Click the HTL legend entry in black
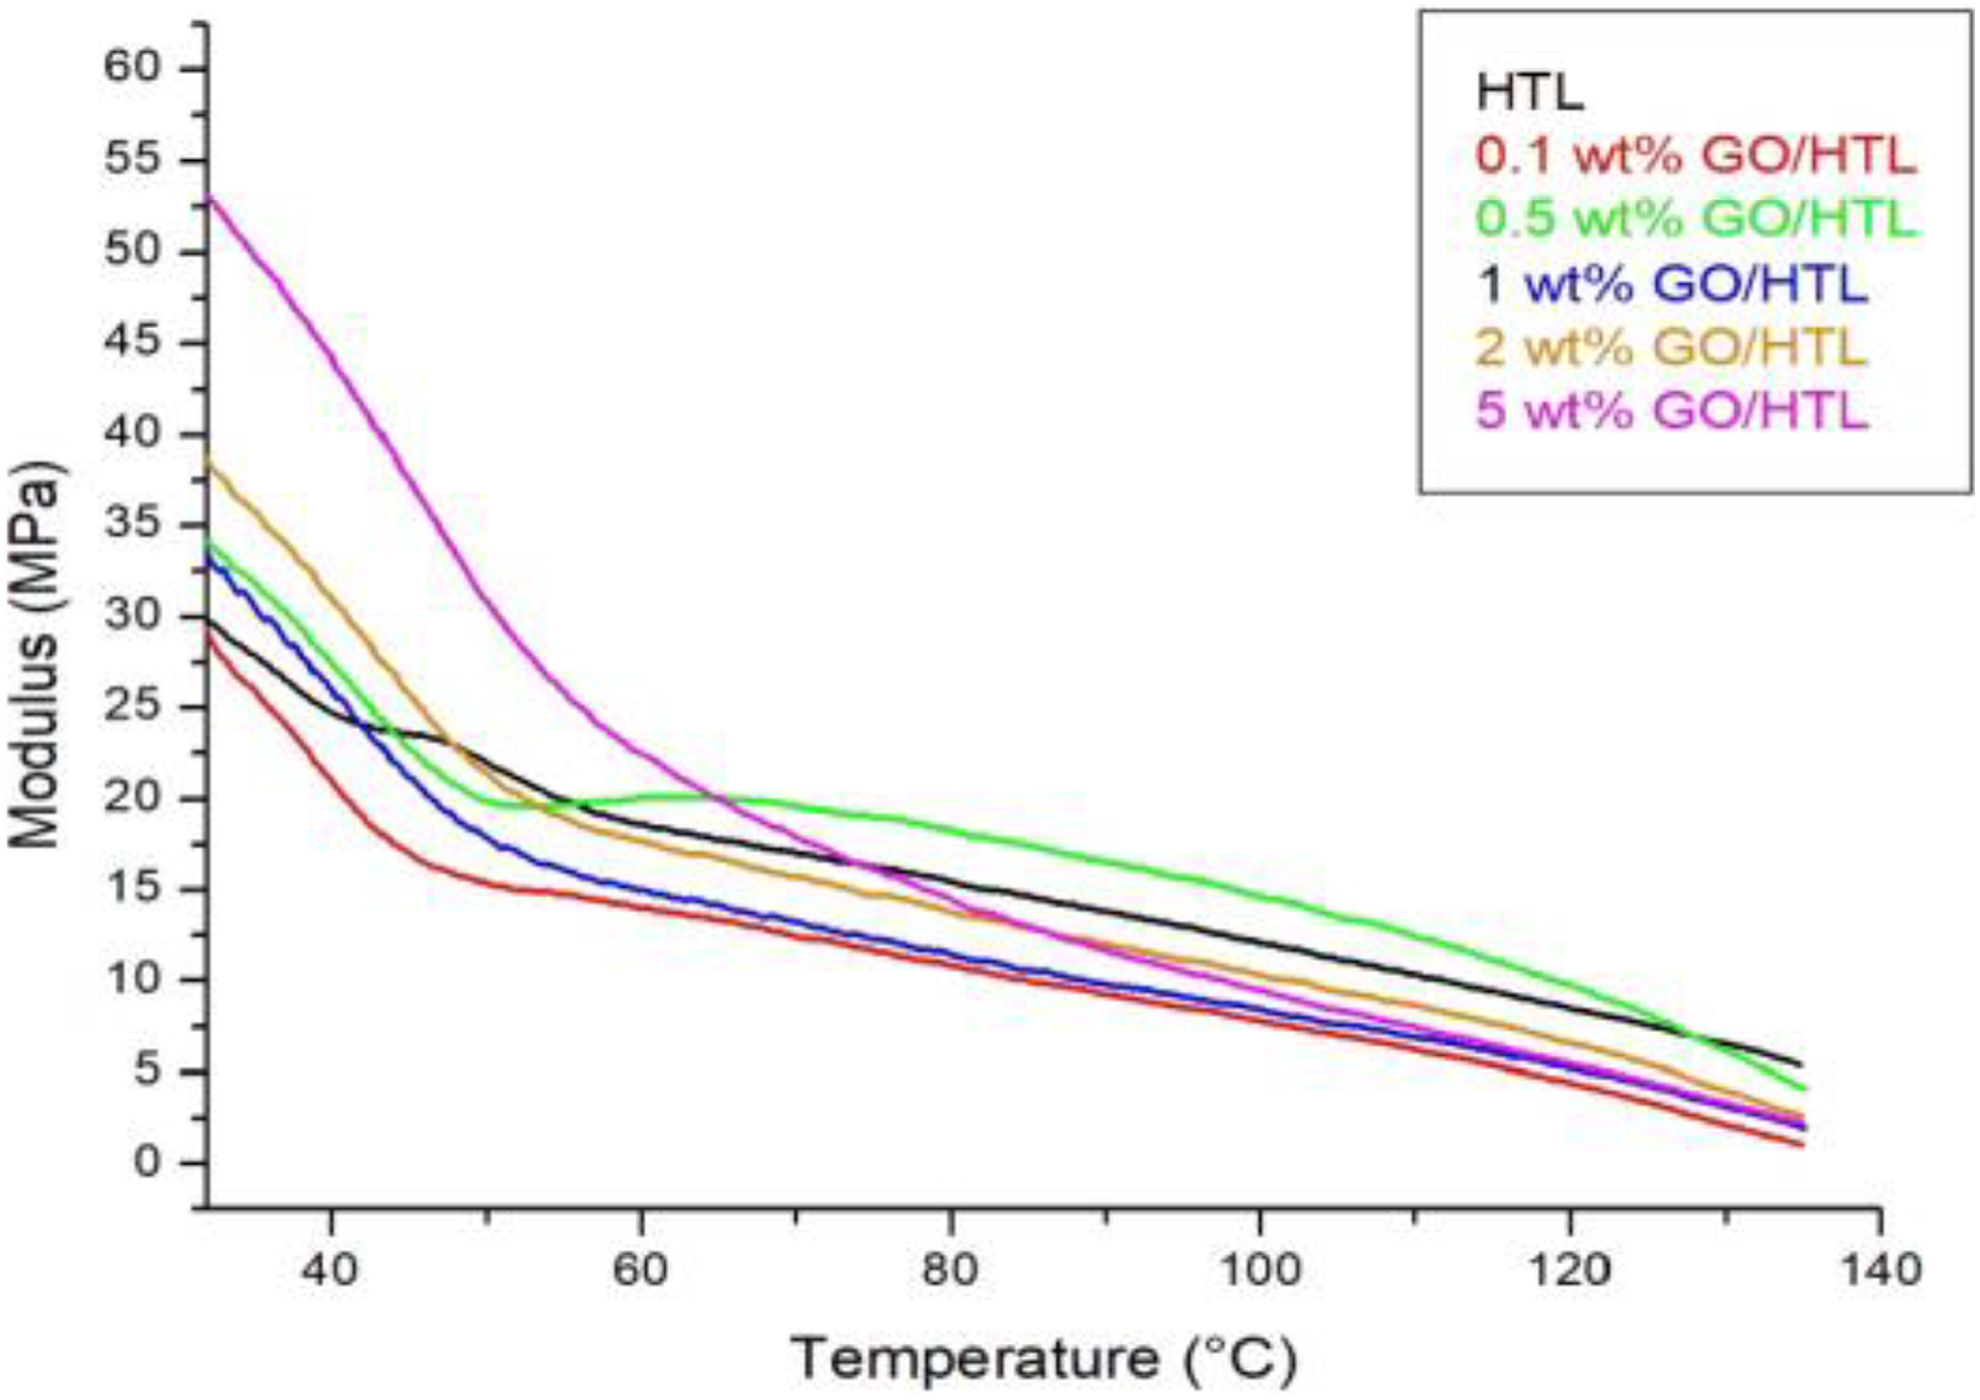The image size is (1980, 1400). click(x=1531, y=93)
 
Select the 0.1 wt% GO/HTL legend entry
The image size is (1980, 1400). click(x=1696, y=156)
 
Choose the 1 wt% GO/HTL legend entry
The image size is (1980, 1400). click(x=1672, y=284)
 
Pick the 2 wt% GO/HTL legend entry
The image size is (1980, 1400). click(x=1672, y=347)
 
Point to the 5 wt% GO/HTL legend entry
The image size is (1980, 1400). click(x=1672, y=410)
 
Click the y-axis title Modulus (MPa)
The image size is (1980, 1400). click(x=35, y=655)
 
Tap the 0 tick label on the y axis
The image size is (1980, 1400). click(x=147, y=1163)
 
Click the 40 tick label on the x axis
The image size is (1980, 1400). click(x=330, y=1271)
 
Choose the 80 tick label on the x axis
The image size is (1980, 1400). click(x=950, y=1271)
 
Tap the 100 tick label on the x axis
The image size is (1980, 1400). click(x=1260, y=1271)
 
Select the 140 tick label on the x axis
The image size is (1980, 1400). click(x=1880, y=1271)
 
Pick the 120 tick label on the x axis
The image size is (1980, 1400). click(x=1570, y=1271)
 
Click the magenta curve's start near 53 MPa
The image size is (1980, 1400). click(x=209, y=196)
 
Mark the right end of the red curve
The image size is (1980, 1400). click(x=1803, y=1146)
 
